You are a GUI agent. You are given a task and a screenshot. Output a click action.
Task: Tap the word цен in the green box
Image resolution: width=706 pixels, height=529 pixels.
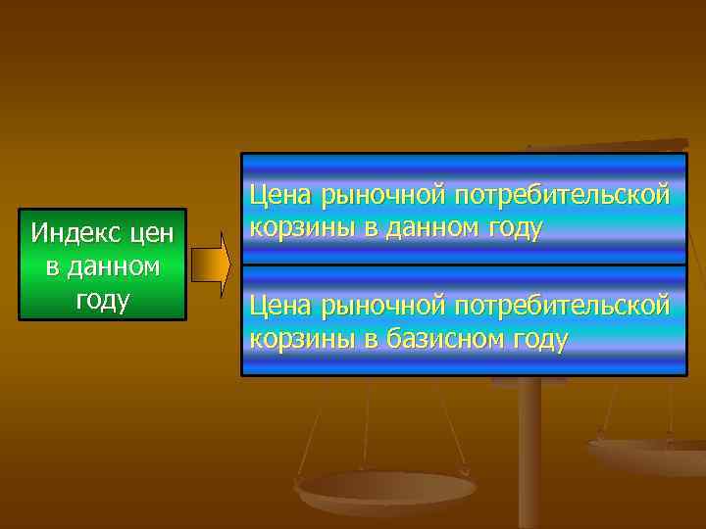(148, 234)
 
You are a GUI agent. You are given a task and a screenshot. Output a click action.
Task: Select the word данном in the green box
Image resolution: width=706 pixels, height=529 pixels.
(113, 266)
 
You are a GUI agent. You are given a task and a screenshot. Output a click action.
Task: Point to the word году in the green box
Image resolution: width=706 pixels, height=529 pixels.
(102, 299)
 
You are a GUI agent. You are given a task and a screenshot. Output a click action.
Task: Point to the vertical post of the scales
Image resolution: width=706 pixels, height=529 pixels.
(529, 451)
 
